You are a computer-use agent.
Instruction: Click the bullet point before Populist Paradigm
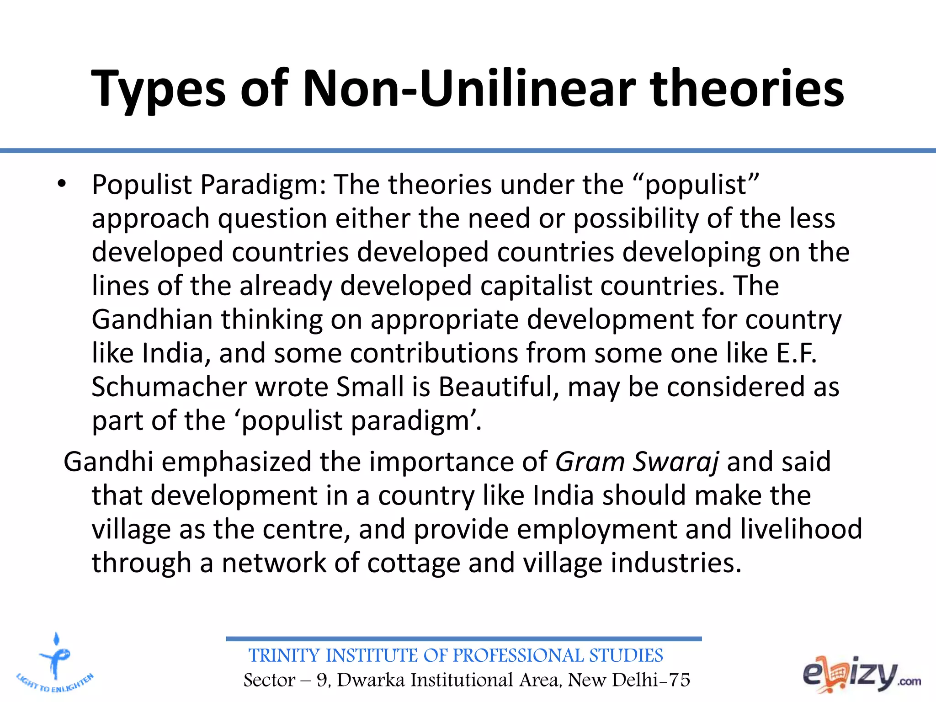62,185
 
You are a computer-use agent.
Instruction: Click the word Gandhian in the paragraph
152,319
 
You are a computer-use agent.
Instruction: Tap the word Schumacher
169,387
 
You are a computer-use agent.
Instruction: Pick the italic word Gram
590,462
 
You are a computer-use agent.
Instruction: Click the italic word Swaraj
676,462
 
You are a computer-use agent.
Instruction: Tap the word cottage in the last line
413,563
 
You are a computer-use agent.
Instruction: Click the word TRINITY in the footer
284,655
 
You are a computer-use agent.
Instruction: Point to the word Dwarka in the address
371,680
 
